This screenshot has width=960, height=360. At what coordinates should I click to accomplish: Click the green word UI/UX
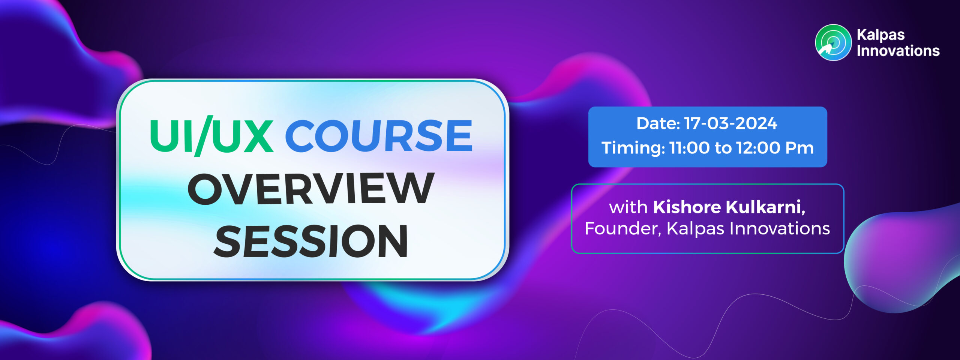click(x=211, y=135)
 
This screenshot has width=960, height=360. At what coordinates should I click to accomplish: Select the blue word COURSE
click(x=379, y=135)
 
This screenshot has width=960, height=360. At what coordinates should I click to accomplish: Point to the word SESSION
click(x=311, y=241)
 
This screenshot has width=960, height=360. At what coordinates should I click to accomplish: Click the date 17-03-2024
click(x=730, y=123)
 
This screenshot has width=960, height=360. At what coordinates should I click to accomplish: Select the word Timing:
click(x=633, y=148)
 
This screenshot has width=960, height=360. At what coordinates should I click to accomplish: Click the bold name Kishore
click(x=687, y=207)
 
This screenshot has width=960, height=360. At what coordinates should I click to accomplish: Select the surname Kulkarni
click(x=765, y=207)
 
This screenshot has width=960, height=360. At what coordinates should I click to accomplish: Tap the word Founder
click(x=623, y=228)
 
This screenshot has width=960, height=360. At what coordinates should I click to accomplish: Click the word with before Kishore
click(x=628, y=207)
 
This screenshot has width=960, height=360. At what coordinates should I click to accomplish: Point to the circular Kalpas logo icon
click(x=833, y=42)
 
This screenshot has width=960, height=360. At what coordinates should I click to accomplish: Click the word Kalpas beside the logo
click(x=880, y=35)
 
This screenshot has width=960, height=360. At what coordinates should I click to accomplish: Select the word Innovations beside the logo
click(x=898, y=51)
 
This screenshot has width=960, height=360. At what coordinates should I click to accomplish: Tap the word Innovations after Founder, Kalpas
click(x=780, y=228)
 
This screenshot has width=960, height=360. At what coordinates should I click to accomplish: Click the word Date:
click(x=658, y=123)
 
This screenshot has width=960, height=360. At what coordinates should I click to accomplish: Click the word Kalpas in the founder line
click(x=695, y=229)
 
